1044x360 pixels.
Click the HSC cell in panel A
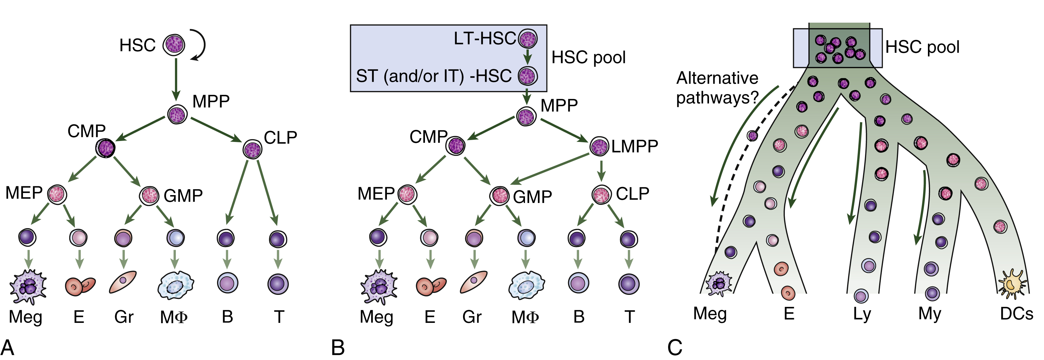click(x=174, y=45)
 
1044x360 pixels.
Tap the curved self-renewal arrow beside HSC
click(x=201, y=45)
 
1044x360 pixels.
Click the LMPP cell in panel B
click(x=599, y=147)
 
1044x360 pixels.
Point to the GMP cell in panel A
click(x=149, y=195)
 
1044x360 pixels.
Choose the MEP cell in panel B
click(x=406, y=194)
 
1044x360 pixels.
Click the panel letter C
click(x=675, y=348)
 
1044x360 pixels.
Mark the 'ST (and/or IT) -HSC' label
click(x=434, y=76)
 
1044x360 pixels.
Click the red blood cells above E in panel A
click(x=80, y=285)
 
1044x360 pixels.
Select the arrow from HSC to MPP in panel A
click(x=176, y=79)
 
